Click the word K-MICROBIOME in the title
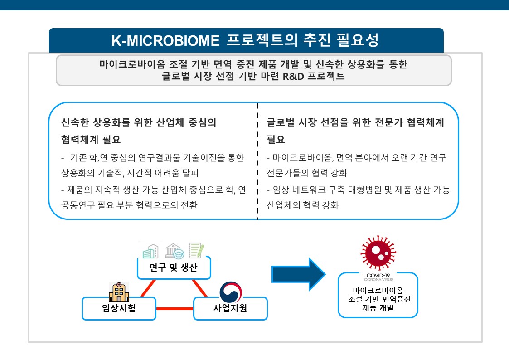(165, 41)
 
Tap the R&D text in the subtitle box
(293, 76)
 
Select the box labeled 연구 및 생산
(174, 268)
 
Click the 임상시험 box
(119, 308)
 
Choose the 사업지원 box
(230, 308)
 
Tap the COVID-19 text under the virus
(378, 275)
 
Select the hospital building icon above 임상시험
(119, 292)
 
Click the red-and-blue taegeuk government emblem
(231, 292)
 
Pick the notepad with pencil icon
(196, 250)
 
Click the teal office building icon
(150, 251)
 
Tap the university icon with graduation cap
(175, 251)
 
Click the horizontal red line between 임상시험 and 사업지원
(175, 308)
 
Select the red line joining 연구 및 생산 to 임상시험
(148, 288)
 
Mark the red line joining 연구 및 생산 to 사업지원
(199, 288)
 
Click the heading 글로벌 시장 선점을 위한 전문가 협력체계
(355, 122)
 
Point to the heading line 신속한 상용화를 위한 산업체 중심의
(139, 122)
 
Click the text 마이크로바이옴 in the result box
(378, 291)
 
